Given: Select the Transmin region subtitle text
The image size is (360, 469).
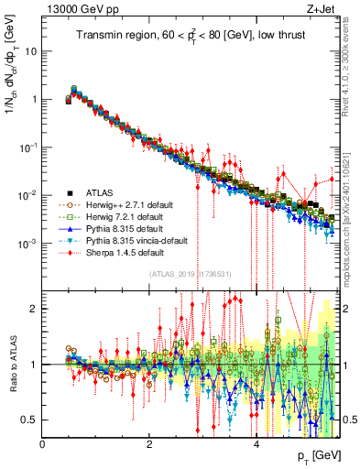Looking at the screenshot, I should point(191,37).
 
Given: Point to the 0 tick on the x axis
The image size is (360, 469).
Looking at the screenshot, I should point(43,442).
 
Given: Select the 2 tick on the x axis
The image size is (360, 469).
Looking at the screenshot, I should point(149,442).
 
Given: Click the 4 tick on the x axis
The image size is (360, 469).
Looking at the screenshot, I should point(256,442).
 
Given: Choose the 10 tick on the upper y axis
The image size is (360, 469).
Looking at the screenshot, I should point(30,51).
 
